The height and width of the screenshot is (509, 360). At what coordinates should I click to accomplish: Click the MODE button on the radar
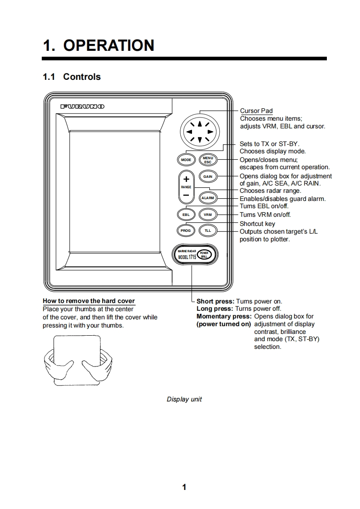point(186,160)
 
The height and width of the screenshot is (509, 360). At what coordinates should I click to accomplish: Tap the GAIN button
point(208,176)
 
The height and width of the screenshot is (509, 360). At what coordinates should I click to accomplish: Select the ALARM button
point(208,198)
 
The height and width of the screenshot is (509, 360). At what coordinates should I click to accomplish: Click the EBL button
point(186,215)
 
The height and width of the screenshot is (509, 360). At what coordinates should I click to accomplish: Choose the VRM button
point(208,215)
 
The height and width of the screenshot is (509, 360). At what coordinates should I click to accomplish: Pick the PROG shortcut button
point(186,230)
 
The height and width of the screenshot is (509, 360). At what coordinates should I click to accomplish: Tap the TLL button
point(208,230)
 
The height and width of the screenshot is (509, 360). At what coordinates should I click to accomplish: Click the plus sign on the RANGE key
point(186,179)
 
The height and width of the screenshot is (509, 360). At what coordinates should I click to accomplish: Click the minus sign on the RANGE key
point(186,196)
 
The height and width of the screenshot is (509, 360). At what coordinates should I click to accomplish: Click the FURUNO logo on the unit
point(83,106)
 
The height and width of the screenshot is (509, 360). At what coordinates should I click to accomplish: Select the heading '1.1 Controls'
point(72,77)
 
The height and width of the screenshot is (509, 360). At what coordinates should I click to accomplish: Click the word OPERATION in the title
point(108,45)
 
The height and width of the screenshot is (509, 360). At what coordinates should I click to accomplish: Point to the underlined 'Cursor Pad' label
point(256,111)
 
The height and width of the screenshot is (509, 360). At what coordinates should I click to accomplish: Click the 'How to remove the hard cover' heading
point(89,301)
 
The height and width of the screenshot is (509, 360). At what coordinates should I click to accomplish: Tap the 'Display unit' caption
point(184,399)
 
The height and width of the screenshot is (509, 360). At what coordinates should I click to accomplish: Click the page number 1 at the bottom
point(184,487)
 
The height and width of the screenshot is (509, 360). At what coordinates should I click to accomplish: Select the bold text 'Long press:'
point(216,309)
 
